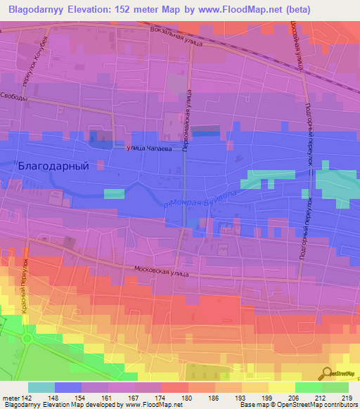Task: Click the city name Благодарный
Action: [x=53, y=166]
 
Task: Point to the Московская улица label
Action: [x=161, y=270]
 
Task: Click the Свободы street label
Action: [x=13, y=97]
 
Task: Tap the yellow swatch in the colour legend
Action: [x=282, y=387]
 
